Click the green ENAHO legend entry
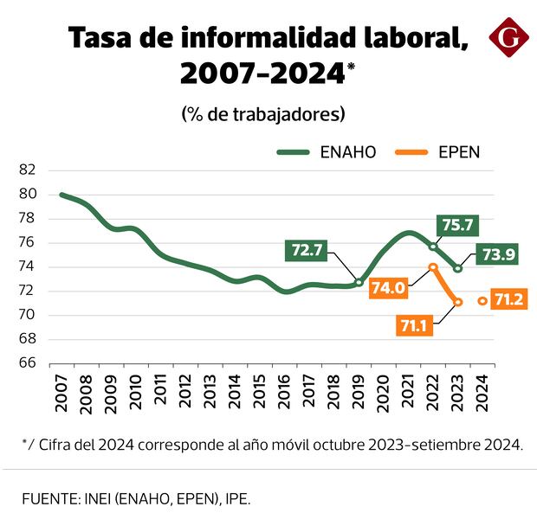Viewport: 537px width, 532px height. pyautogui.click(x=327, y=152)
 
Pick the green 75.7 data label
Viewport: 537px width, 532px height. pyautogui.click(x=456, y=225)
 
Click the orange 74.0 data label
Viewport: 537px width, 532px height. pyautogui.click(x=387, y=289)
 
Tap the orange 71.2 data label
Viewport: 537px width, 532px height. pyautogui.click(x=507, y=300)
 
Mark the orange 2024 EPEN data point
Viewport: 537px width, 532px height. pyautogui.click(x=482, y=301)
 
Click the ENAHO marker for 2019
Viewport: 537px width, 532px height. pyautogui.click(x=359, y=282)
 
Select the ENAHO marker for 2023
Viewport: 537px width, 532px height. pyautogui.click(x=458, y=268)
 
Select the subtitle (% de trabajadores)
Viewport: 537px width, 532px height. pyautogui.click(x=263, y=114)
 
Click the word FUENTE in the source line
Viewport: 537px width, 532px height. pyautogui.click(x=49, y=499)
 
